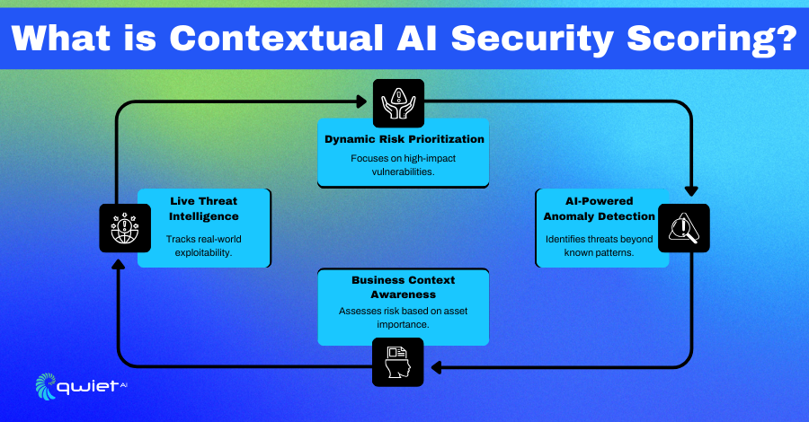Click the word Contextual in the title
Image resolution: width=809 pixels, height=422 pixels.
click(276, 38)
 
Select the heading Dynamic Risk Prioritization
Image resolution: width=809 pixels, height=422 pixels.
click(404, 139)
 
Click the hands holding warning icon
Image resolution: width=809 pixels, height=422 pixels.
click(398, 103)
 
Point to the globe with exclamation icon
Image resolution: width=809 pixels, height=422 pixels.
click(125, 228)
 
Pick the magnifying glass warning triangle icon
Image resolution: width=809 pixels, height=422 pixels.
click(684, 228)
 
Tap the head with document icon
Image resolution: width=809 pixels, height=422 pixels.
click(398, 362)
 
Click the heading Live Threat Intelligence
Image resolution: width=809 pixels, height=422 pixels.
click(204, 208)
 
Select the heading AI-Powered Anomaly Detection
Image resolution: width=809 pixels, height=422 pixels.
click(599, 208)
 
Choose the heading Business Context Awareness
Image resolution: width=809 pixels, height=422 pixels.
click(404, 287)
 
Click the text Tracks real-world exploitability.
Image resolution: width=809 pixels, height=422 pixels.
click(203, 246)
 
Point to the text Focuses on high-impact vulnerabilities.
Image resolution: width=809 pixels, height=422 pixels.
click(403, 165)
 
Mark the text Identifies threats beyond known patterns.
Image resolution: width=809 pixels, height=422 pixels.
click(599, 246)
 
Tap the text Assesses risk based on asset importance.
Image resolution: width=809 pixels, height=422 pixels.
click(403, 318)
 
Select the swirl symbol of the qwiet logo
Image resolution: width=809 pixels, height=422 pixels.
click(46, 386)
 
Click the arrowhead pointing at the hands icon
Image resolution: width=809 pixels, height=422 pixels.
click(361, 101)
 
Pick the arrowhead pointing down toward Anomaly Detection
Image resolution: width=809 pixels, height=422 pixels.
click(691, 190)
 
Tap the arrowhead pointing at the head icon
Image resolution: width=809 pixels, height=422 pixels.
click(437, 367)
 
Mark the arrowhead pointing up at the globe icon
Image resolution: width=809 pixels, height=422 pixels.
click(118, 264)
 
